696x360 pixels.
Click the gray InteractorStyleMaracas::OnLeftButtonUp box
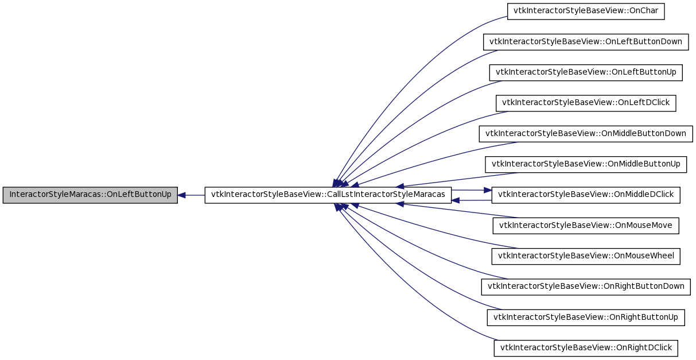click(90, 195)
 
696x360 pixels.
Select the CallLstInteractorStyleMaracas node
click(328, 195)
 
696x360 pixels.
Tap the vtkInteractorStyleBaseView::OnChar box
click(586, 11)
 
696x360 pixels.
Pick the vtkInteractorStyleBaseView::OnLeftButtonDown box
click(586, 42)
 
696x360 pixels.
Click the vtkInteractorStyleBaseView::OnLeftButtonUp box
click(586, 73)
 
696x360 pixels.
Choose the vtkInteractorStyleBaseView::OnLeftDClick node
click(586, 103)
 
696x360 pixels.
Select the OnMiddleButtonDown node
click(586, 134)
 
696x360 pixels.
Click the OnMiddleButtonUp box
click(586, 164)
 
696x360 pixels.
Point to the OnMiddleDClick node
click(586, 195)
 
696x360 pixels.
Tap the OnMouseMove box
click(586, 226)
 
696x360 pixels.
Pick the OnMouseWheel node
click(586, 257)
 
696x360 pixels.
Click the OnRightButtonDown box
click(586, 287)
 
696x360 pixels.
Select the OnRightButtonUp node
click(586, 318)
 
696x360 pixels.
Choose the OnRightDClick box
click(586, 348)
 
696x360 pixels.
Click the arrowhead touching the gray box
click(181, 195)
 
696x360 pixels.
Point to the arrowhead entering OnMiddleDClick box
click(488, 190)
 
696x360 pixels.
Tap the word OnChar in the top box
click(644, 11)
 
